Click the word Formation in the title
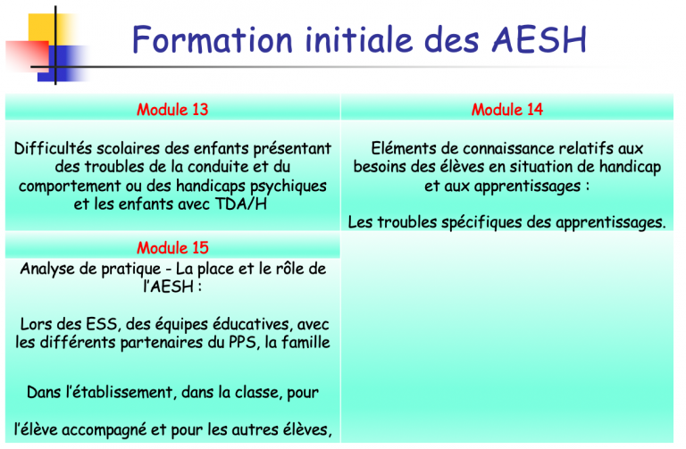213,40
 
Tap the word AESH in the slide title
540,40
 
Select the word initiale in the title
359,40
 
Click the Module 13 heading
172,109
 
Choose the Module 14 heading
507,109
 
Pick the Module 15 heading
172,248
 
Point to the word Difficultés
53,148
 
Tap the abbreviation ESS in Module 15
102,324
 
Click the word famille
305,342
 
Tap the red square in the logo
27,56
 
